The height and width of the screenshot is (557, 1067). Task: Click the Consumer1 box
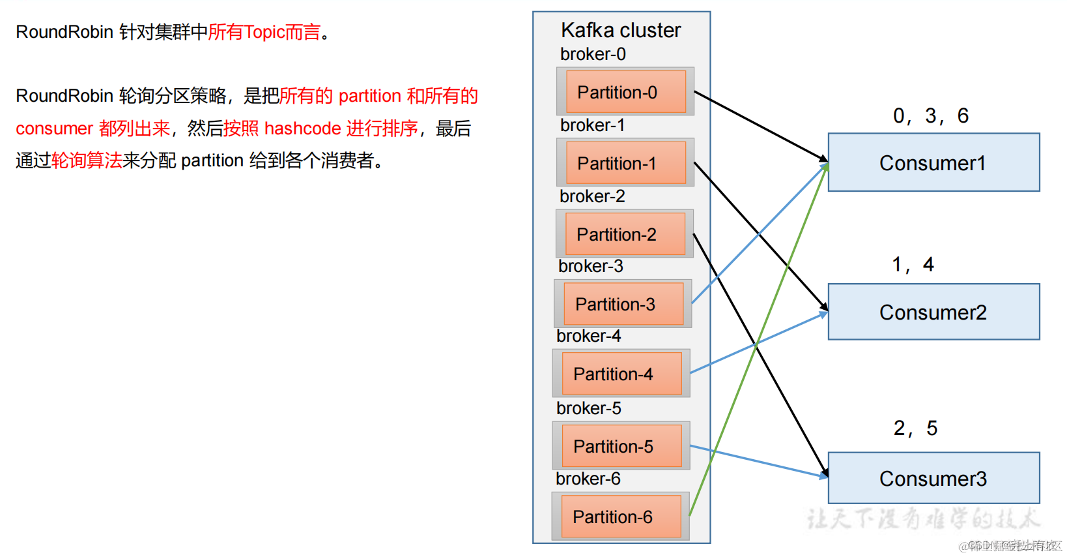[x=933, y=162]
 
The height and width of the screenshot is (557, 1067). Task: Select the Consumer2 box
[x=933, y=312]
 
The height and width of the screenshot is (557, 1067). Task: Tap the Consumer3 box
[x=933, y=478]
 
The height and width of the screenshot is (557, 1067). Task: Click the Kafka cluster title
[x=620, y=30]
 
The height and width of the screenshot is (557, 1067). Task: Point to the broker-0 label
[x=593, y=54]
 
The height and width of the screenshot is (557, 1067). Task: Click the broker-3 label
[x=590, y=266]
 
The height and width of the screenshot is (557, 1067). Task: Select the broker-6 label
[x=588, y=479]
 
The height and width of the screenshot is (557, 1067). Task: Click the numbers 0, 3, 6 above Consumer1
[x=930, y=115]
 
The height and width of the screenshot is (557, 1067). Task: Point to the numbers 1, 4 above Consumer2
[x=913, y=264]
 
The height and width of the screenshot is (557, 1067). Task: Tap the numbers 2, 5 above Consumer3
[x=915, y=428]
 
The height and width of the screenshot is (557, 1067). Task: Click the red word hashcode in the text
[x=302, y=128]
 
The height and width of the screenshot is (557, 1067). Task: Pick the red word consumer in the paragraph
[x=54, y=128]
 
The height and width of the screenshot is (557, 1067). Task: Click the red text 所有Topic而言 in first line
[x=264, y=32]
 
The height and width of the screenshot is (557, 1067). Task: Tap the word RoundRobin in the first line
[x=64, y=32]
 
